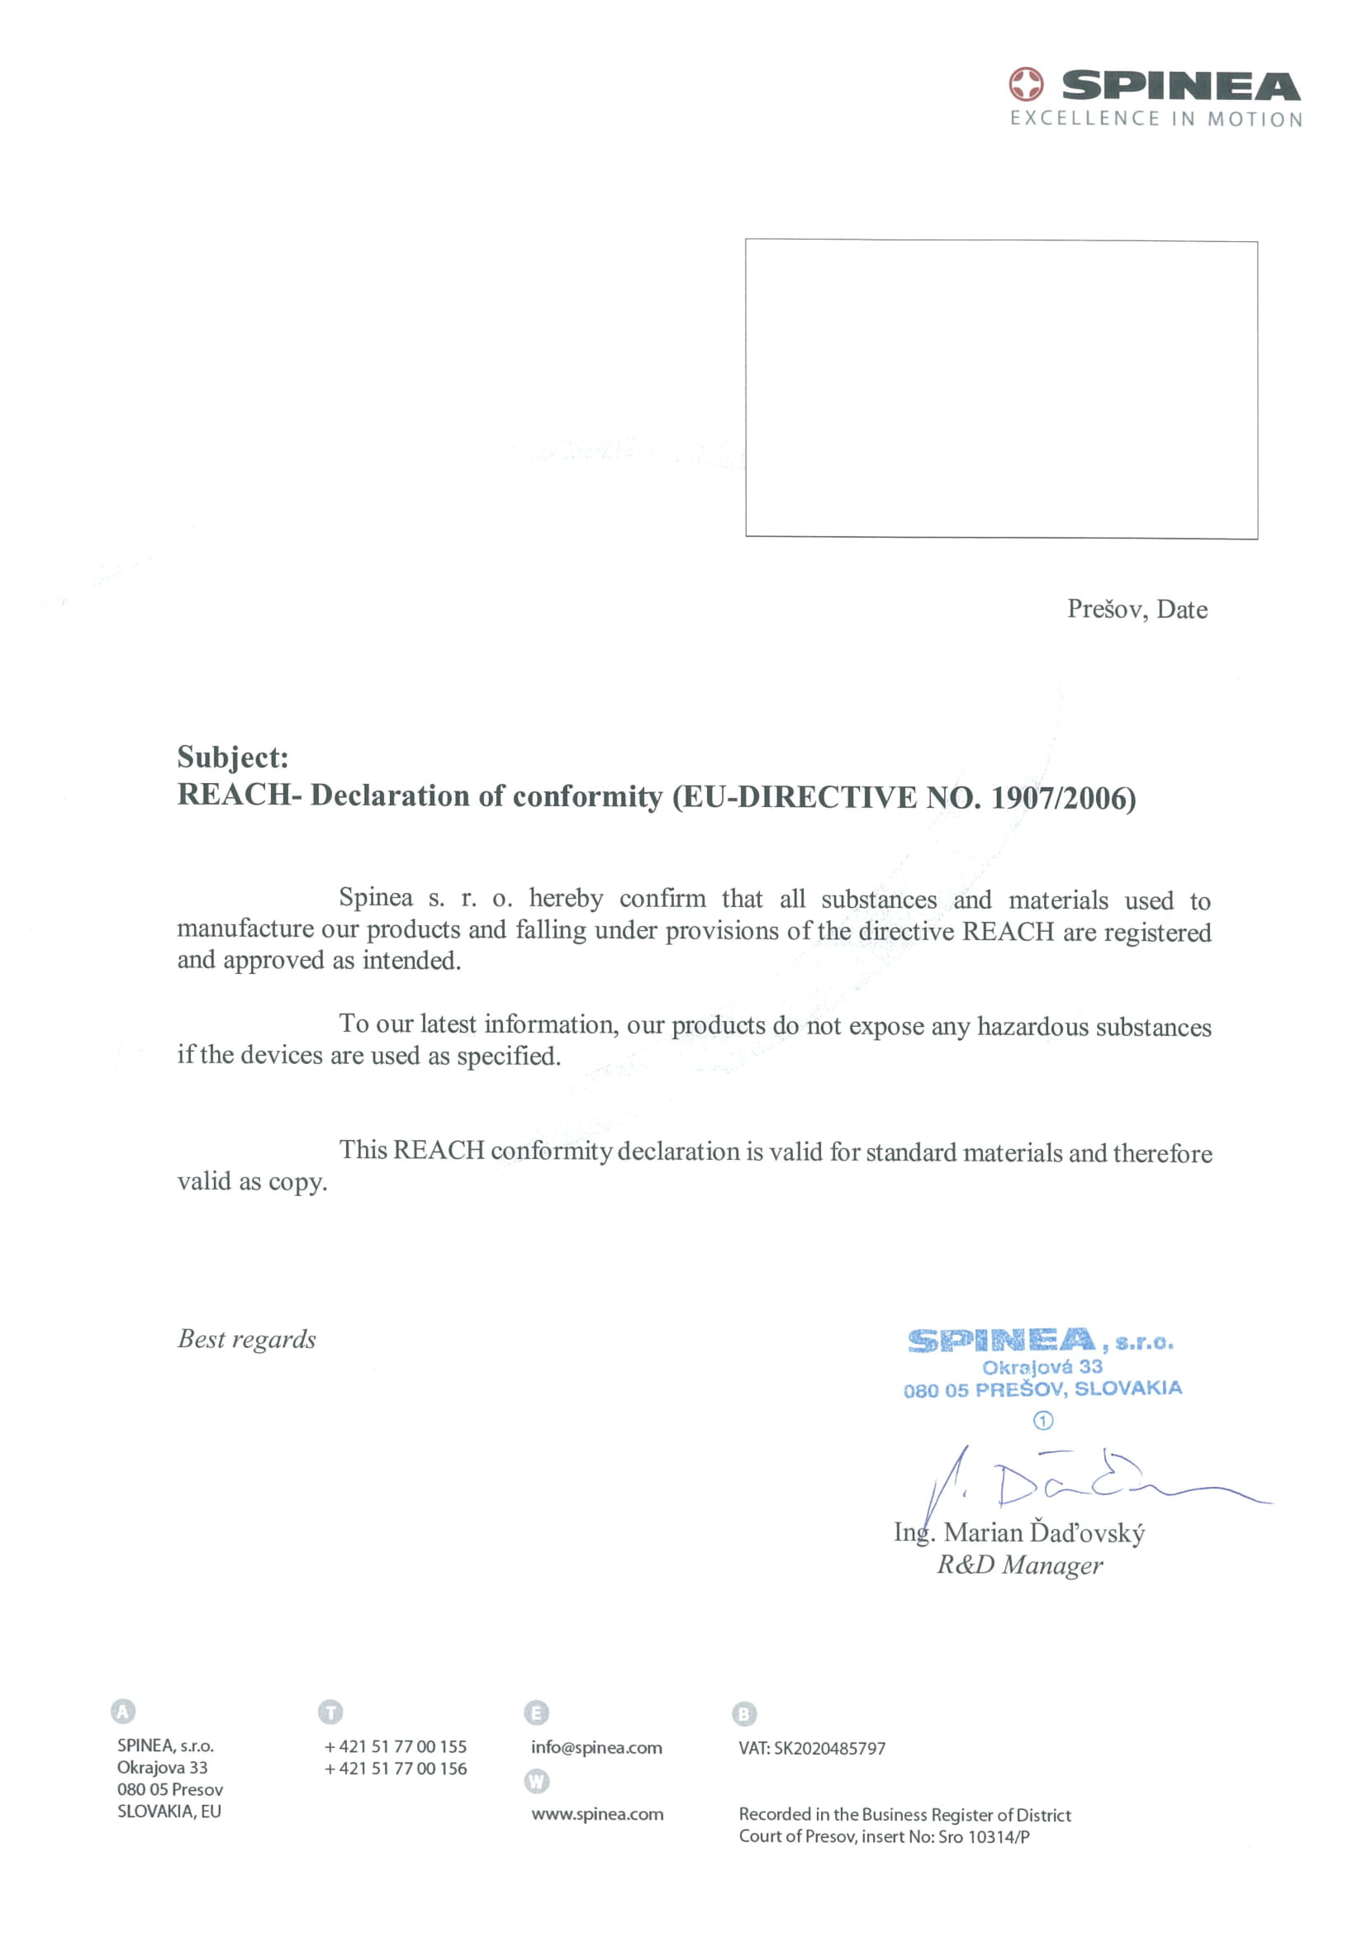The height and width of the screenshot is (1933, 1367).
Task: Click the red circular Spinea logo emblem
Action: pos(1025,84)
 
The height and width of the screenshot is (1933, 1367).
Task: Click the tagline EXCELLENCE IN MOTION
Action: pos(1156,119)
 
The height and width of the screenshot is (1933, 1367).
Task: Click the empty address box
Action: pos(1001,389)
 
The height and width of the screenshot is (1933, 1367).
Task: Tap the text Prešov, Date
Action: pos(1137,610)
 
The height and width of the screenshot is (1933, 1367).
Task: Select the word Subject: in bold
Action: pos(232,757)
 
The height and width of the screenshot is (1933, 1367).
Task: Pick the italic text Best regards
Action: pos(247,1338)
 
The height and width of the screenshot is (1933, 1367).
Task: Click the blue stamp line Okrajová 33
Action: pos(1042,1366)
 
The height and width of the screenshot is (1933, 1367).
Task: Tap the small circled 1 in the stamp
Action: pos(1042,1421)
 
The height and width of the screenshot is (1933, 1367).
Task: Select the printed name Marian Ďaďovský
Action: pos(1044,1532)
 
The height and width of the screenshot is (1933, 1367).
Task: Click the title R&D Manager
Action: pos(1019,1565)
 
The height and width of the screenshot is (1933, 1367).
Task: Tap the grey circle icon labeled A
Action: pos(123,1711)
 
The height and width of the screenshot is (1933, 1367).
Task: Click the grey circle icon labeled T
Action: pos(330,1712)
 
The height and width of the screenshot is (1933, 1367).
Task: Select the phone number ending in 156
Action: pos(396,1768)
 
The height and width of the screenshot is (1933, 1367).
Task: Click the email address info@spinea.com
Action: pos(596,1747)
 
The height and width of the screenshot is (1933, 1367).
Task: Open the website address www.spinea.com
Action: pos(597,1813)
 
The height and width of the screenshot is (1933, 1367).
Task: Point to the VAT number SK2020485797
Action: pos(829,1749)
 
